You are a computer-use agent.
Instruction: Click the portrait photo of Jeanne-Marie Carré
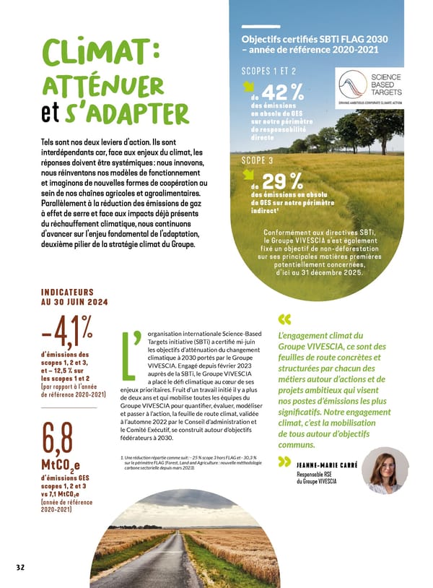385,470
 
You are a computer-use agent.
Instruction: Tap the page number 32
20,567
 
